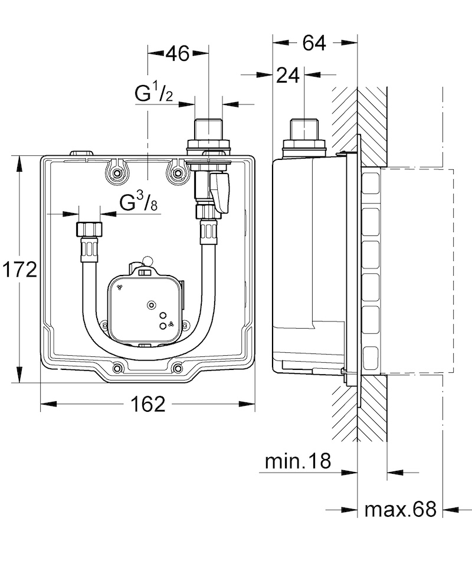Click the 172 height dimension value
19,270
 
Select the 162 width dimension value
147,404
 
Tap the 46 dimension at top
178,54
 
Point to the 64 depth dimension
314,42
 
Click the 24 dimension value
288,76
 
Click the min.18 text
298,461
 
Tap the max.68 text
401,509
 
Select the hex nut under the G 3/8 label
89,230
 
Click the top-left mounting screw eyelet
116,173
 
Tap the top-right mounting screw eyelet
177,173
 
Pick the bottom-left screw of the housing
117,368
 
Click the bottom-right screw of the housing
178,368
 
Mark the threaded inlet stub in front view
208,129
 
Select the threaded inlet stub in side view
304,129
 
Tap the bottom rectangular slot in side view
370,358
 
